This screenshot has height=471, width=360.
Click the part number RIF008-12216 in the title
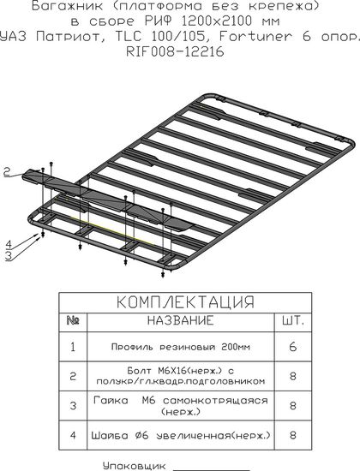click(x=175, y=51)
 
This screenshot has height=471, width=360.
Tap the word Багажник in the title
click(x=67, y=6)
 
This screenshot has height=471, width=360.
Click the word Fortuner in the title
click(x=255, y=36)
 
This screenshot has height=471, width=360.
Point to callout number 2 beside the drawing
click(x=7, y=172)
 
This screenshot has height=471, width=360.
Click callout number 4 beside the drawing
click(x=9, y=244)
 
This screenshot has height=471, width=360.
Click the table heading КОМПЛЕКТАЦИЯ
click(x=185, y=302)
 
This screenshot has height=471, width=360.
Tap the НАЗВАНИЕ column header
click(x=181, y=320)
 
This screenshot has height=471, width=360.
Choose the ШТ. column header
click(x=293, y=320)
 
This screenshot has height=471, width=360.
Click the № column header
click(x=73, y=320)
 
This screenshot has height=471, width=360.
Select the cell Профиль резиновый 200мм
click(x=181, y=347)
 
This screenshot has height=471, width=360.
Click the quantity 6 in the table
click(x=293, y=347)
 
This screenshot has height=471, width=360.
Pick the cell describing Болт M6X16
click(x=181, y=376)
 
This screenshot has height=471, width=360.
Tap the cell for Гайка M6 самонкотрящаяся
click(x=181, y=406)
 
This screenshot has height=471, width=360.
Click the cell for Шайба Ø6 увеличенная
click(x=181, y=435)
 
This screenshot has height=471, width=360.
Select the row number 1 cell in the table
click(x=73, y=347)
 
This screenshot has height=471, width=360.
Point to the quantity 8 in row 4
click(x=293, y=435)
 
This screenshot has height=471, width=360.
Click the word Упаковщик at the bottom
click(x=134, y=466)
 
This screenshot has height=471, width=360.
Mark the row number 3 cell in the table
click(x=73, y=406)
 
